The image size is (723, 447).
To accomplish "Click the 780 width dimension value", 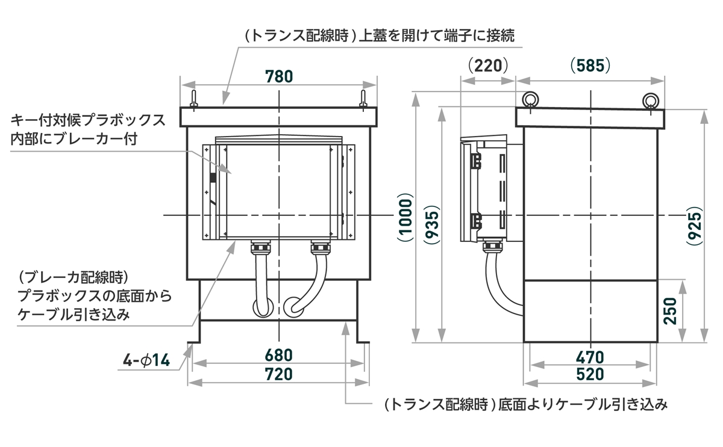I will (x=278, y=76).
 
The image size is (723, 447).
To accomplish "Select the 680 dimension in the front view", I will (x=278, y=356).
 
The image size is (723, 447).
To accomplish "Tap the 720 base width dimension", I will (x=278, y=374).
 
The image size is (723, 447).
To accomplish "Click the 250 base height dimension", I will (x=674, y=310).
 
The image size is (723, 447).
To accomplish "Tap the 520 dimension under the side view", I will (x=590, y=374).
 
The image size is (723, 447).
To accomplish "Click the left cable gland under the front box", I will (x=260, y=247).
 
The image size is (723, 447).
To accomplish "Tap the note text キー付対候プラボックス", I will (x=88, y=120).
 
